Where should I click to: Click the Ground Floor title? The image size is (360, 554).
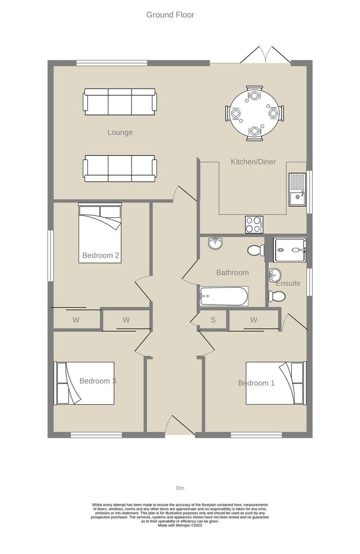coord(170,15)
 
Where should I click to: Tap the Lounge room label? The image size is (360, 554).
coord(120,133)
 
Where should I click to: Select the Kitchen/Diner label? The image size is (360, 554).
coord(253,162)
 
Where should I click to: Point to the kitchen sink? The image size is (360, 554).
coord(297,189)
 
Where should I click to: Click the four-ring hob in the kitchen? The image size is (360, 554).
coord(254,225)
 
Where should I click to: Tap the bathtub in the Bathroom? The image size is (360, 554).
coord(224,296)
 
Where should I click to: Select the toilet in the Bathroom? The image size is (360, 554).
coord(256,250)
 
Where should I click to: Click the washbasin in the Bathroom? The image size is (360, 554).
coord(215,243)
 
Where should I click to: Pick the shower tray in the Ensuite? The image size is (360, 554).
coord(290,250)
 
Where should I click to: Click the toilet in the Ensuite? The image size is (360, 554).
coord(277,296)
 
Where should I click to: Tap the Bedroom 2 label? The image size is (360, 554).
coord(101,255)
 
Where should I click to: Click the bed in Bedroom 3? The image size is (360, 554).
coord(84,383)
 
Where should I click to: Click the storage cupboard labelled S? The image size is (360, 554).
coord(213,320)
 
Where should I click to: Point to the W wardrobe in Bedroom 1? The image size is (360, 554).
coord(254,320)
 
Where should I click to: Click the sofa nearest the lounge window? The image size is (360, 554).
coord(120,102)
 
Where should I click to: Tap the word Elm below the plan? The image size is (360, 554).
coord(180,488)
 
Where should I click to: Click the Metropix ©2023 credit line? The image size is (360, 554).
coord(180,525)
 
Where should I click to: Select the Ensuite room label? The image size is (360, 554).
coord(288,283)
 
